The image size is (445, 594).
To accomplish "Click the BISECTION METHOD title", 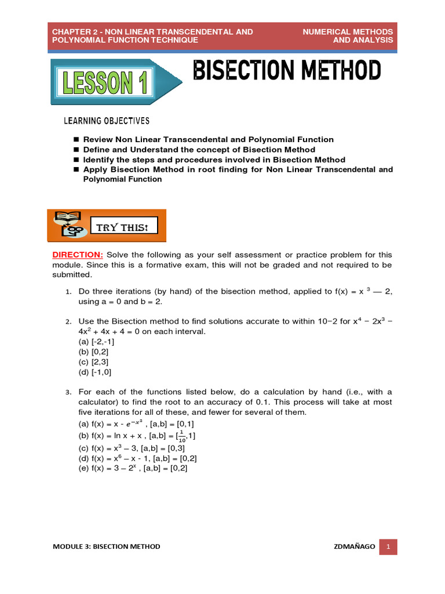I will (287, 71).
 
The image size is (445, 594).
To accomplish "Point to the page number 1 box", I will (388, 546).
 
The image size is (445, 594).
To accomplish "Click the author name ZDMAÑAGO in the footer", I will (354, 546).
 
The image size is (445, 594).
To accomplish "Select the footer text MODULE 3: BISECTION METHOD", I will (106, 546).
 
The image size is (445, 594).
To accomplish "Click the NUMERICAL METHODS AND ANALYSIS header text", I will (348, 35).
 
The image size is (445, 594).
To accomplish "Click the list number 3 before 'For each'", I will (67, 393).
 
